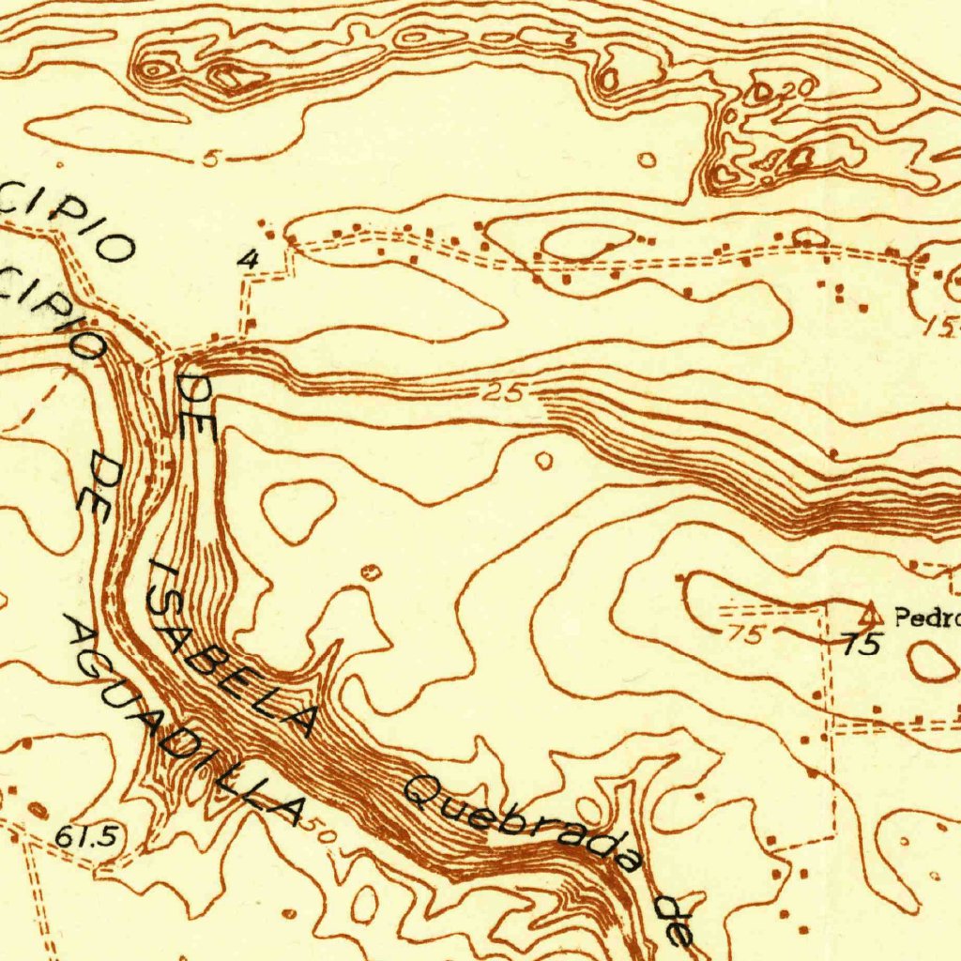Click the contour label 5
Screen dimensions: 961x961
[210, 159]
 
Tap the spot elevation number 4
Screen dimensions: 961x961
[248, 260]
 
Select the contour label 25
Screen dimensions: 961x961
[506, 392]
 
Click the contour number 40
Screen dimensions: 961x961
[786, 160]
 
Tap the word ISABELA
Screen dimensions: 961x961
[230, 648]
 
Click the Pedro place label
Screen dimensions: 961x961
[926, 618]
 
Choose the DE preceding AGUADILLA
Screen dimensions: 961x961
[98, 482]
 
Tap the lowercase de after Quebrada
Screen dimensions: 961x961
[676, 919]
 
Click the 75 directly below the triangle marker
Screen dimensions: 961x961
[862, 645]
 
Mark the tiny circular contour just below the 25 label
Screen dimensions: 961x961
[543, 460]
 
